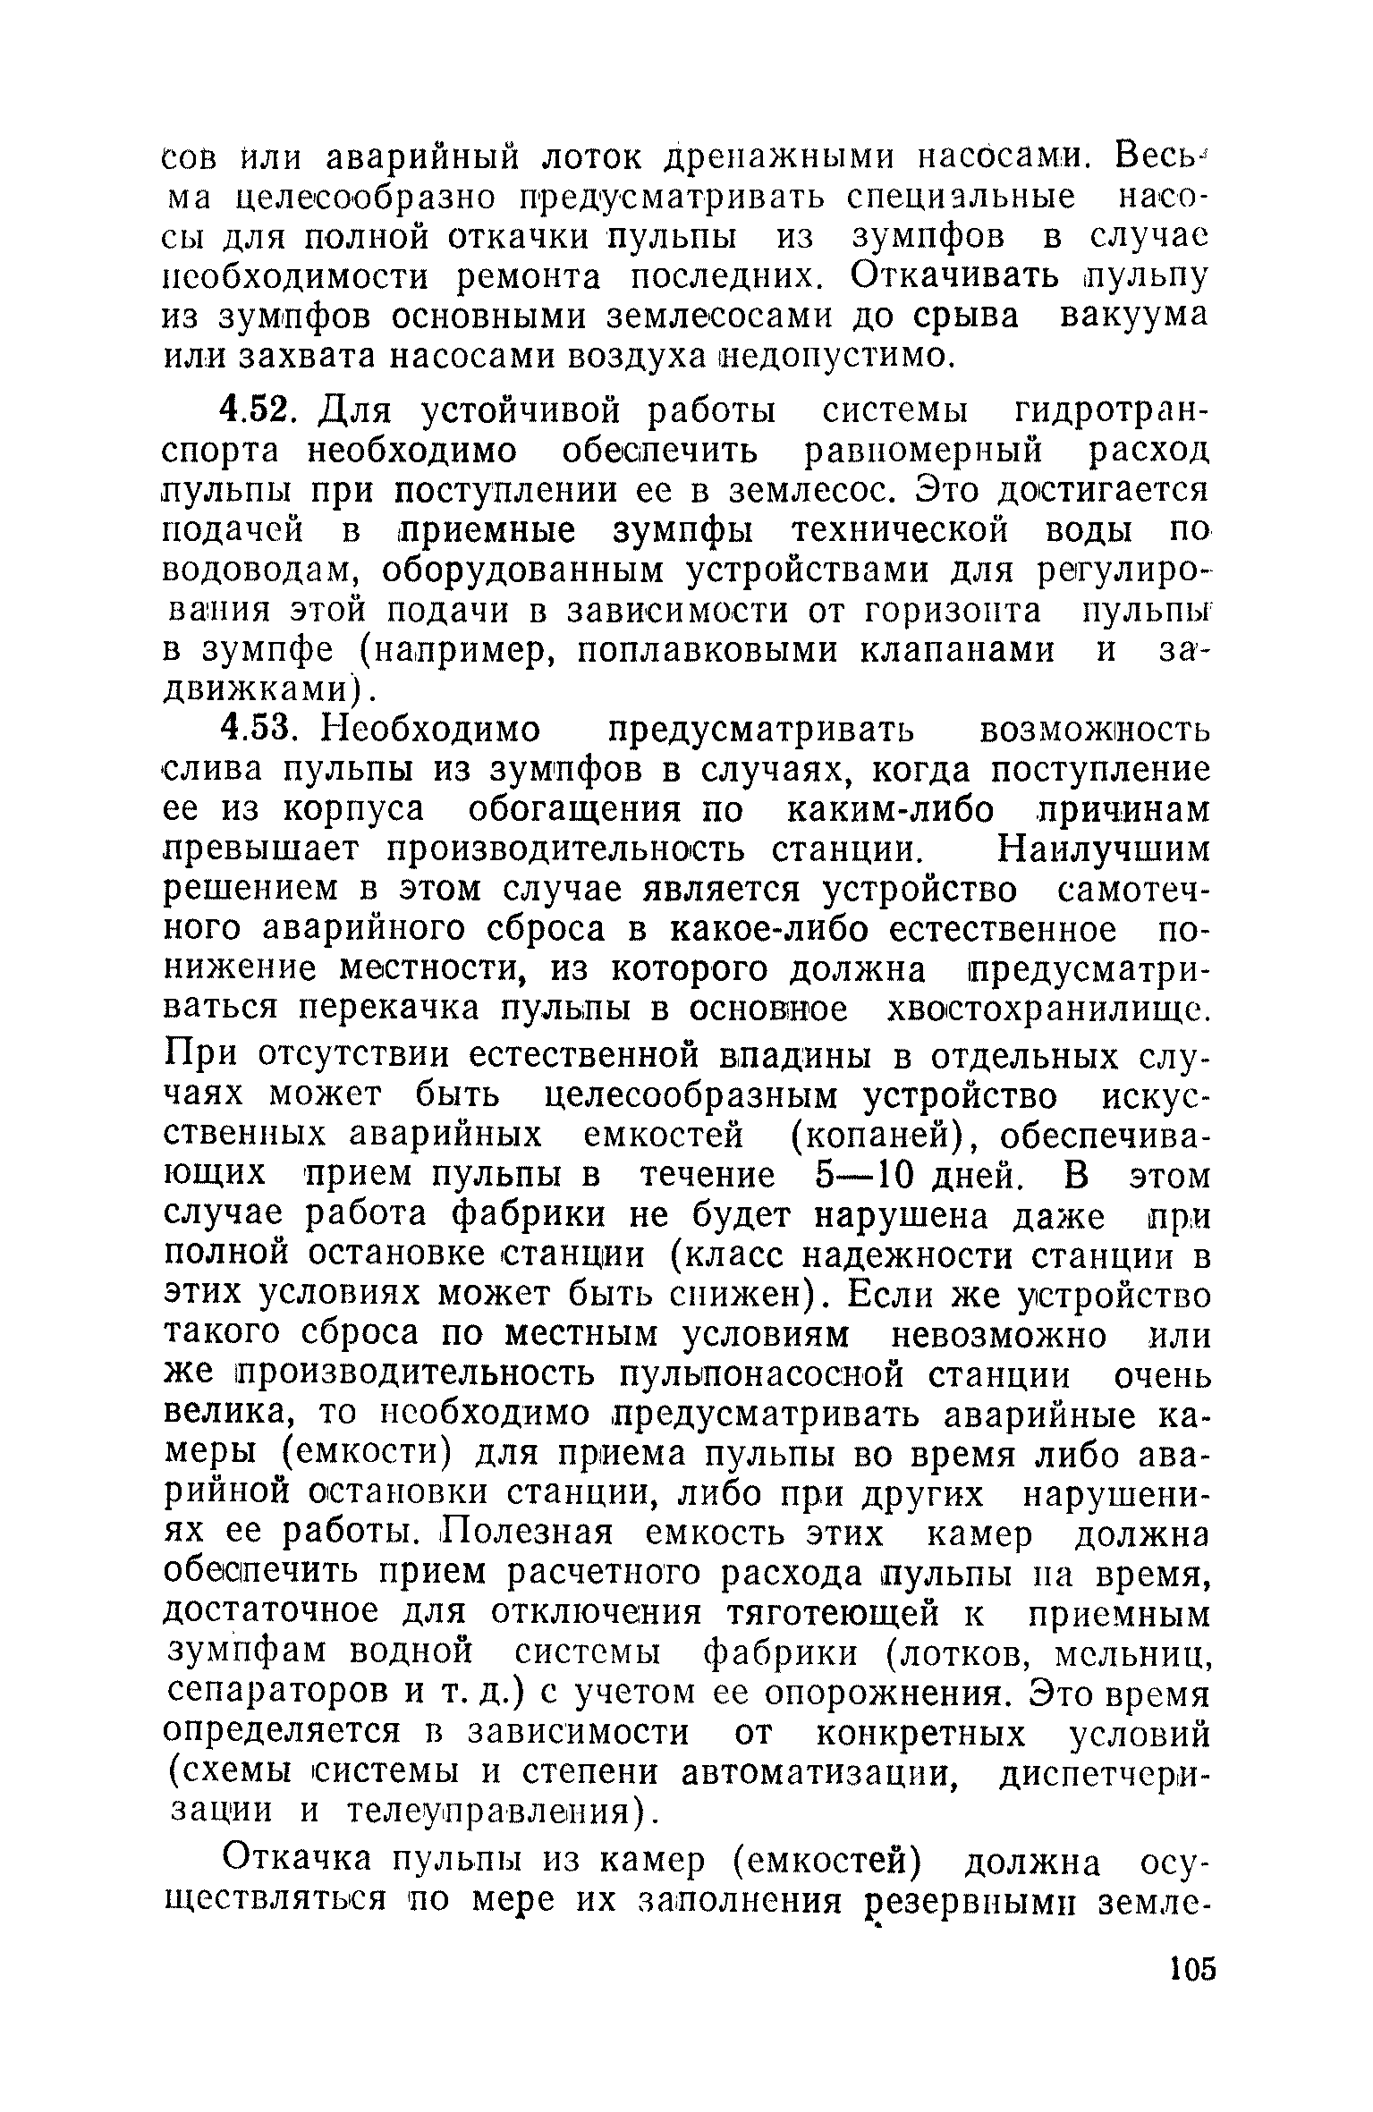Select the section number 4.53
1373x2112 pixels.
click(258, 731)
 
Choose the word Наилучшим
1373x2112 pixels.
click(1103, 848)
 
